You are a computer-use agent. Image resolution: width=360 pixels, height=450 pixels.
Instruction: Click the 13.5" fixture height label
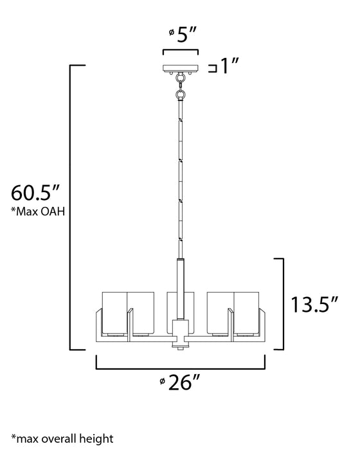313,304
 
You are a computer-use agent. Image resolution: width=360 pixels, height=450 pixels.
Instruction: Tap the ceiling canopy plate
180,68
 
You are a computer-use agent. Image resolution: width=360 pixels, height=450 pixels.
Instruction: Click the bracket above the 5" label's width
180,51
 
